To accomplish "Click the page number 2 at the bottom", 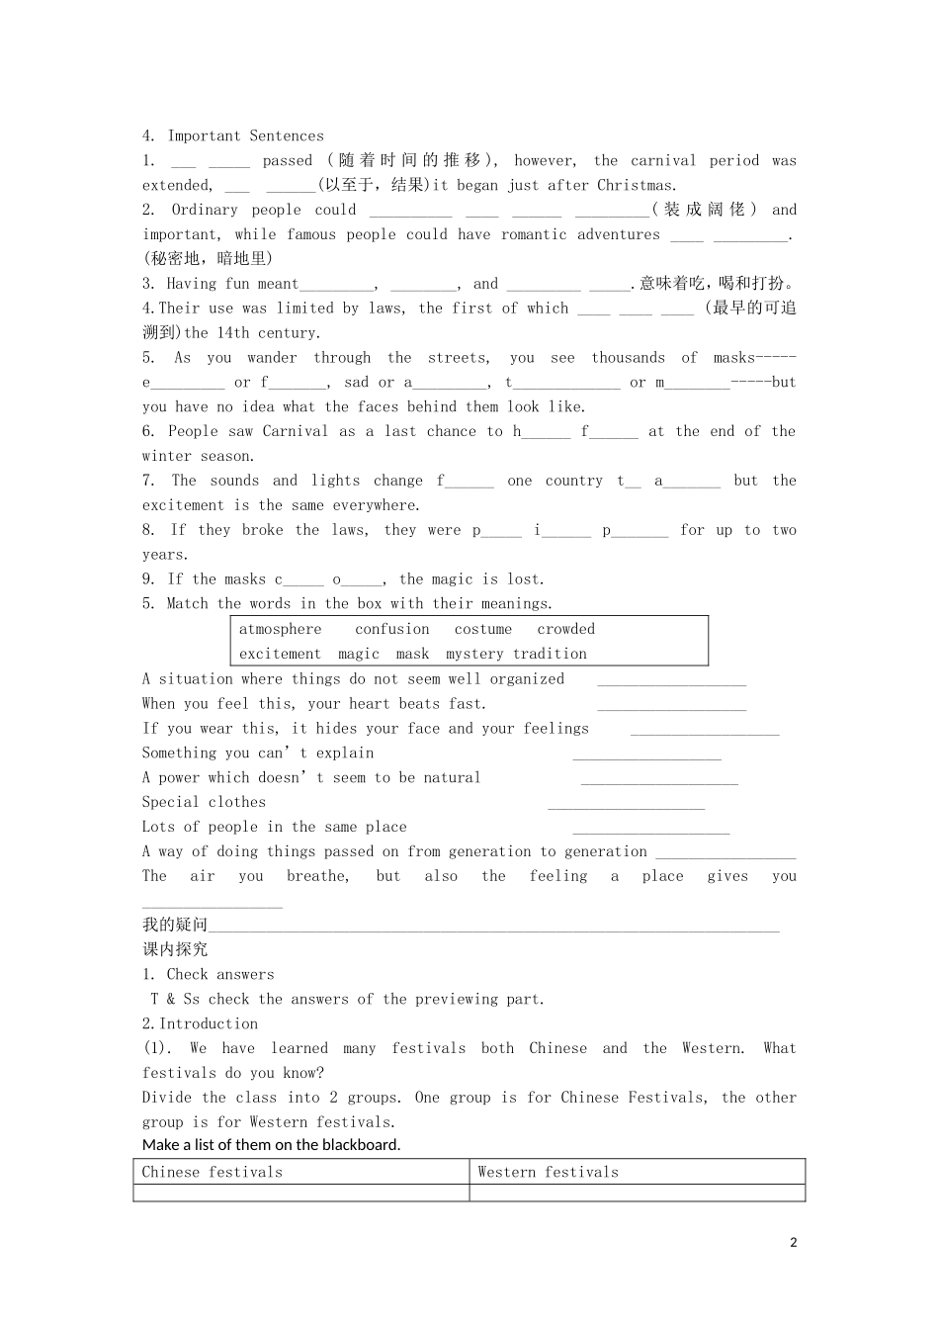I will point(793,1243).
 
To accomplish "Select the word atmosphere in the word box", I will point(280,630).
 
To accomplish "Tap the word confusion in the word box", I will point(391,630).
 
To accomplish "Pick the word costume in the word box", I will point(483,630).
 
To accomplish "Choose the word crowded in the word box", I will point(566,630).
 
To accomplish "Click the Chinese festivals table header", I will point(213,1173).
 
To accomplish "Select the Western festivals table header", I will point(548,1173).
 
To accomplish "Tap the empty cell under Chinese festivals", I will point(300,1194).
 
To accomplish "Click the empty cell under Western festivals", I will point(637,1194).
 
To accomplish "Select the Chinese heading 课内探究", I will point(175,949).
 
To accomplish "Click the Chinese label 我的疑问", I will point(175,925).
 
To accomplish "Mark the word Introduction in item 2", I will point(209,1024).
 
